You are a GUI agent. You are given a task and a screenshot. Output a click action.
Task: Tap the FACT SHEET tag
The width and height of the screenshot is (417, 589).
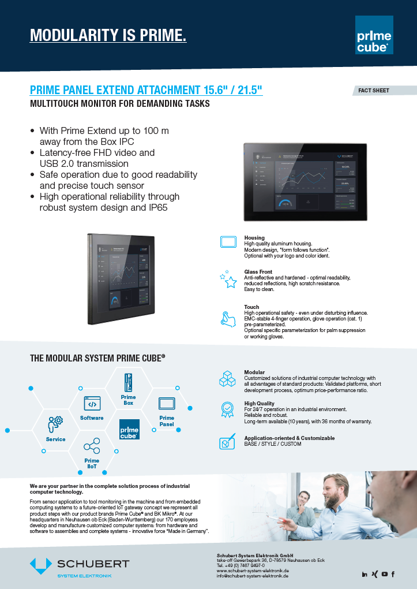[x=374, y=91]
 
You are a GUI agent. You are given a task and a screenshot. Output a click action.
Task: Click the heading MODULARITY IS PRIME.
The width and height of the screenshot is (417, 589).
[x=108, y=35]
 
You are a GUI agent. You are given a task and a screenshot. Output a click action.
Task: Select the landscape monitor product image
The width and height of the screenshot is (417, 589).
[x=305, y=181]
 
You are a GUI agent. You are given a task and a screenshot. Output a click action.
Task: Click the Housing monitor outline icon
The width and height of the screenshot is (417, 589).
[x=229, y=242]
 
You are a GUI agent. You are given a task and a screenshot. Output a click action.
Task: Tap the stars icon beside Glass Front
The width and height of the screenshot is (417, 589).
[x=228, y=279]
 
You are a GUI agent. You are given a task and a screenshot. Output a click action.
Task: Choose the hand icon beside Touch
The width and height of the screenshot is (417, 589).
[x=228, y=318]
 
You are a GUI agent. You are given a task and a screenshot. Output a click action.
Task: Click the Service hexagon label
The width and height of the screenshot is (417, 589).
[x=55, y=439]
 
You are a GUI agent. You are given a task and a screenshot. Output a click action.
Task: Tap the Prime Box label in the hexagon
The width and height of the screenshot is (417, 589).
[x=128, y=400]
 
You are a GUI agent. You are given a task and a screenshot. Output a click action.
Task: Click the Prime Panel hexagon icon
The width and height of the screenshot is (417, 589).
[x=167, y=403]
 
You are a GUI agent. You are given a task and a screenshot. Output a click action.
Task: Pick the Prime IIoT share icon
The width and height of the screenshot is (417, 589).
[x=92, y=446]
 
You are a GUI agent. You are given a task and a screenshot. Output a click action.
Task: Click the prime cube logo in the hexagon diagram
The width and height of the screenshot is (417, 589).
[x=129, y=430]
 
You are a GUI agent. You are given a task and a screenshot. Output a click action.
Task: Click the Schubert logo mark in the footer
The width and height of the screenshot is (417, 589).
[x=40, y=566]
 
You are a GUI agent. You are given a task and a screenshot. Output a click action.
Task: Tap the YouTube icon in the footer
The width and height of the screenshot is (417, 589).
[x=384, y=573]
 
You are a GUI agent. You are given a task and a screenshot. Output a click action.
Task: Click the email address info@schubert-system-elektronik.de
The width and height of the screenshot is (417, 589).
[x=253, y=576]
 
